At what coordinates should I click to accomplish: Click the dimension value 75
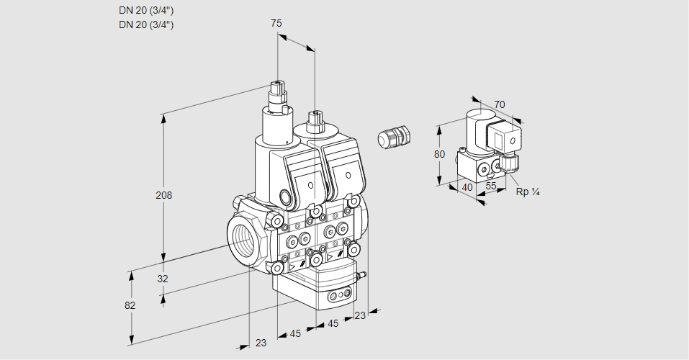[276, 24]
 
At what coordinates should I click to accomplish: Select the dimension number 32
[163, 279]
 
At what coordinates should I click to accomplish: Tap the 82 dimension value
[130, 305]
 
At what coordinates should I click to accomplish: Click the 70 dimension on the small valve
[500, 104]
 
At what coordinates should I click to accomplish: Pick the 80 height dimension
[440, 154]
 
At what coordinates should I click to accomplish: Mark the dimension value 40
[467, 187]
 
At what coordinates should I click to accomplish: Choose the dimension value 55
[492, 186]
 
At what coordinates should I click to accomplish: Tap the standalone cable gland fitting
[393, 136]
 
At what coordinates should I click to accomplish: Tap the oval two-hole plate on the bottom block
[339, 295]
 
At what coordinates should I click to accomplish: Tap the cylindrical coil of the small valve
[476, 126]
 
